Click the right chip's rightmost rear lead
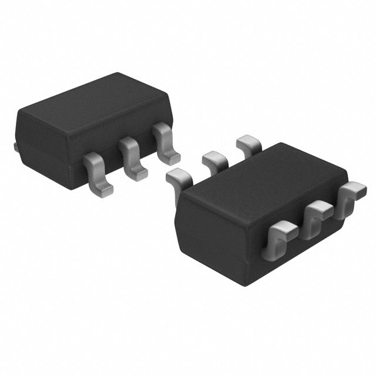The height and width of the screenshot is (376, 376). pyautogui.click(x=248, y=142)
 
